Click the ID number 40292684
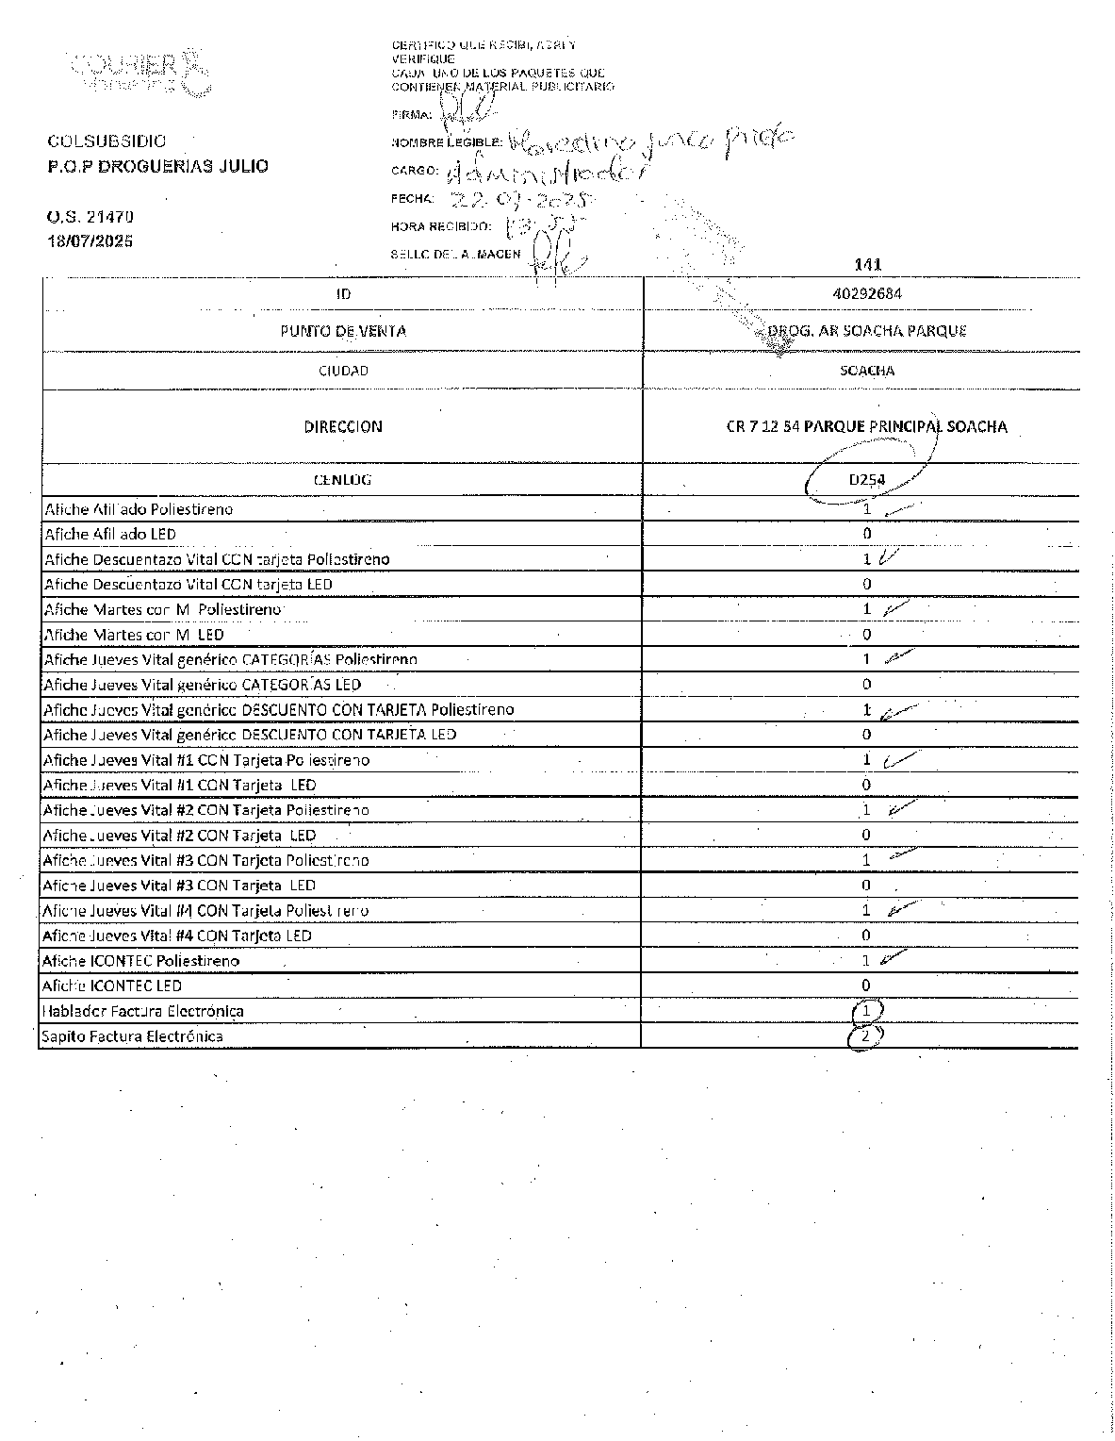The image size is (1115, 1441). [867, 293]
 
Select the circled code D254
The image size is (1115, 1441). [866, 479]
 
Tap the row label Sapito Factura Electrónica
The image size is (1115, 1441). [133, 1036]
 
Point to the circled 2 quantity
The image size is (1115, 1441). [865, 1036]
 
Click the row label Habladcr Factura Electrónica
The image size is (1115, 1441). [143, 1011]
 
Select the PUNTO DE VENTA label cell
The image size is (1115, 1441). [343, 331]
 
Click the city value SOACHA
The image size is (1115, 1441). [867, 371]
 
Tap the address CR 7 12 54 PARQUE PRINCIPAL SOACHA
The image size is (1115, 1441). [866, 426]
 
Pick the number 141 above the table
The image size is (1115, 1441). [867, 265]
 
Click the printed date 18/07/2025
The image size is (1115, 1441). [90, 240]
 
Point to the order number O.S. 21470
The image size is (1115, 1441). [90, 217]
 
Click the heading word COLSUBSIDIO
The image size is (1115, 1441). [107, 141]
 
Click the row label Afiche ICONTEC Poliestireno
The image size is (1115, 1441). [141, 961]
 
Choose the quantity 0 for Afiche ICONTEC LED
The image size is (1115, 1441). [866, 986]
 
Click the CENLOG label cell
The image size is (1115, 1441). [343, 479]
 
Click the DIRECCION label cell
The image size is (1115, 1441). [343, 426]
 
